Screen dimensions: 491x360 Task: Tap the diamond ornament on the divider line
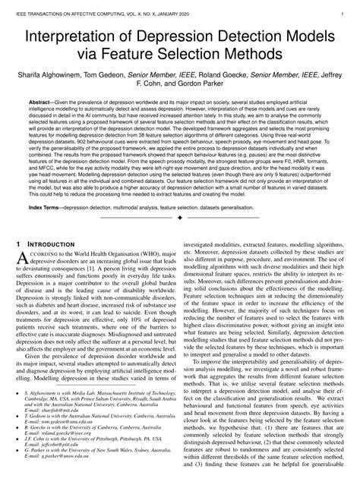179,219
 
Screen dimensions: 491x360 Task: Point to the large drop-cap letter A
24,261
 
